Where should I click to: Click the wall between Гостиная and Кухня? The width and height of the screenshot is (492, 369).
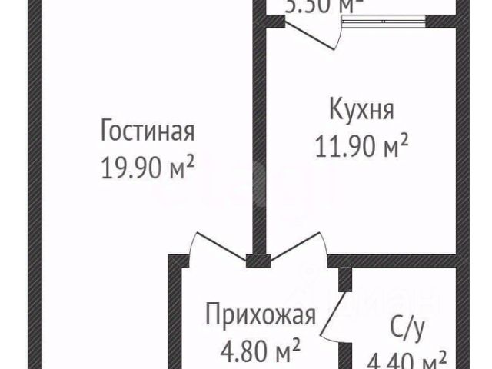point(260,138)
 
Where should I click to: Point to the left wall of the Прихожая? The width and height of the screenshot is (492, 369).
point(175,315)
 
